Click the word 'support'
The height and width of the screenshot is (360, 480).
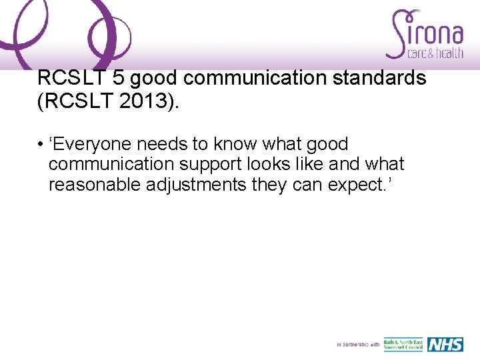tap(209, 164)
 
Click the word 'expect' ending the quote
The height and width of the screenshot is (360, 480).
tap(355, 185)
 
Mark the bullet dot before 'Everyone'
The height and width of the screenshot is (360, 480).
tap(41, 145)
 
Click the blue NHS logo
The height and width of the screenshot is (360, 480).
tap(445, 345)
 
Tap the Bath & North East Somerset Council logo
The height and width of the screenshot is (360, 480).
tap(403, 345)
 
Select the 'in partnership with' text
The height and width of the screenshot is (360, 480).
tap(358, 345)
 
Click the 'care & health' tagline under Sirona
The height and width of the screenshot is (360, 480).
tap(425, 53)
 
